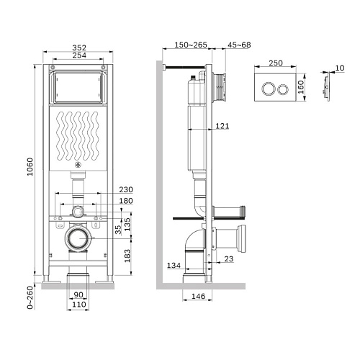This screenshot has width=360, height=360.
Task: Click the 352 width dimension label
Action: point(79,48)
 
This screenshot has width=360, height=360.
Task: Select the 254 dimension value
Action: point(79,55)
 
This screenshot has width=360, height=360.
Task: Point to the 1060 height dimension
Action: point(30,167)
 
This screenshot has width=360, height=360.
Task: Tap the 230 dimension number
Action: point(126,189)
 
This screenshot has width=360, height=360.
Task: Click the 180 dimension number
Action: point(126,201)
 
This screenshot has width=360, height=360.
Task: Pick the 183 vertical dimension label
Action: point(127,256)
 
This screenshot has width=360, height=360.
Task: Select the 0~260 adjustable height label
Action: point(30,297)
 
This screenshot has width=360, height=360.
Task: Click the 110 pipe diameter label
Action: point(79,305)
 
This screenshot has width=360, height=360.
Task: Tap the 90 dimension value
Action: point(78,294)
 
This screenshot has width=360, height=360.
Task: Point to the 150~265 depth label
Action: point(191,45)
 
